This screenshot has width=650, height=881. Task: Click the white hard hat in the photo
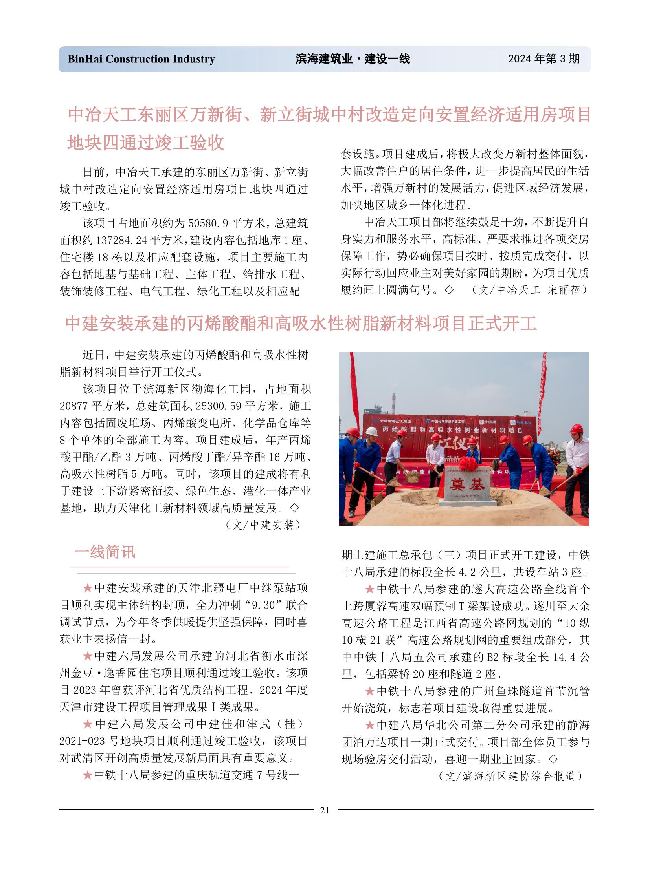[371, 431]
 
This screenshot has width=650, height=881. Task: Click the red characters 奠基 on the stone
[467, 485]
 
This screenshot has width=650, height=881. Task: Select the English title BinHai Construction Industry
[141, 59]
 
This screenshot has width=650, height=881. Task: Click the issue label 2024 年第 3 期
[544, 59]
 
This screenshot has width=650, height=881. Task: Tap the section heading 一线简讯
[105, 552]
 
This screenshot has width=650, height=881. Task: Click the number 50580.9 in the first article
[208, 223]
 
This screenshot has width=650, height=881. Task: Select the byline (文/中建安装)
[263, 525]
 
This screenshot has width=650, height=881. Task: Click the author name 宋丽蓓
[564, 290]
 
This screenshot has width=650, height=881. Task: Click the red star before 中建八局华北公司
[369, 725]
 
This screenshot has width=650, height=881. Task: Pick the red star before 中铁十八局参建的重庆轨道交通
[87, 775]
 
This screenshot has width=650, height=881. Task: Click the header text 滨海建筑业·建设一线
[353, 59]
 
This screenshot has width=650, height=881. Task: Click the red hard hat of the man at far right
[577, 428]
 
